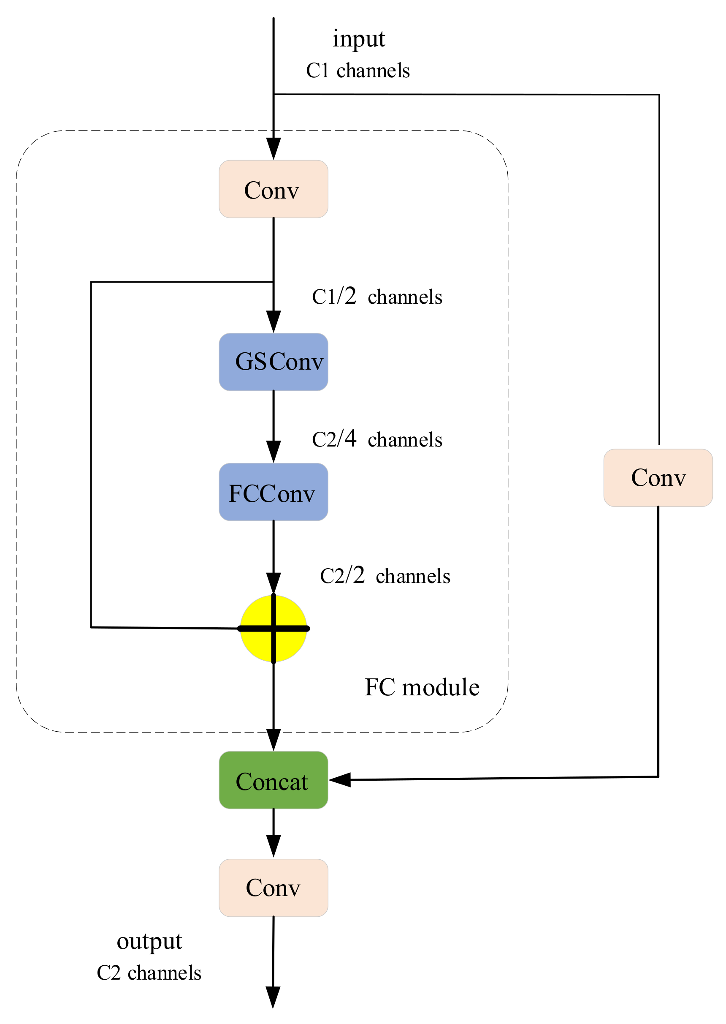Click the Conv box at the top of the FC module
tap(273, 189)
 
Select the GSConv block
tap(273, 362)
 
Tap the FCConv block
tap(273, 492)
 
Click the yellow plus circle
tap(273, 629)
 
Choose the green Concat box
tap(273, 780)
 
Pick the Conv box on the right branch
tap(658, 478)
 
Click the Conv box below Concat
tap(273, 888)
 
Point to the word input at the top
tap(358, 38)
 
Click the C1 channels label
tap(358, 71)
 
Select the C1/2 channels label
tap(377, 297)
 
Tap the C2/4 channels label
tap(377, 439)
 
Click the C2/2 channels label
tap(385, 576)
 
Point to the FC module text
tap(422, 687)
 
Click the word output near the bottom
tap(149, 941)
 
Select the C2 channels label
tap(149, 973)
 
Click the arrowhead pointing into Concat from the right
tap(340, 780)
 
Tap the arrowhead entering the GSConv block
tap(273, 321)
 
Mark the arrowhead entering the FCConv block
tap(273, 452)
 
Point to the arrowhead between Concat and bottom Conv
tap(273, 846)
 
